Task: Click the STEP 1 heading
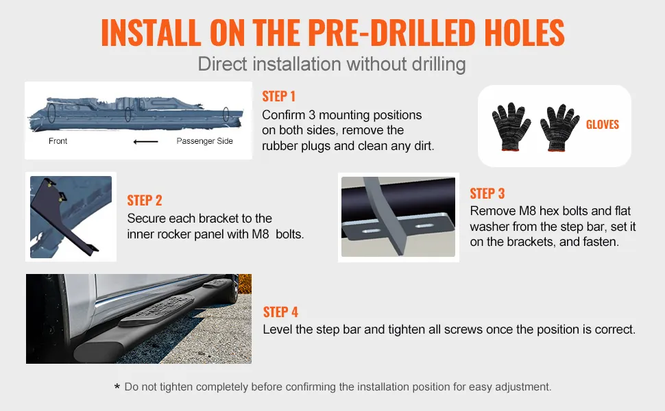[x=278, y=97]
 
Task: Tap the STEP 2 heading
[x=145, y=201]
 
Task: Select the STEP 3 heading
[x=487, y=194]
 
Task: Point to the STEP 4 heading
[x=280, y=312]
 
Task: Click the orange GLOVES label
[x=602, y=125]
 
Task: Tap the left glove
[x=510, y=127]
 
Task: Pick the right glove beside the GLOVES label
[x=559, y=127]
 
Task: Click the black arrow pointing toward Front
[x=146, y=142]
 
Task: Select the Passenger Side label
[x=204, y=141]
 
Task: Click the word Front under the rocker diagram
[x=58, y=141]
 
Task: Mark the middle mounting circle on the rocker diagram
[x=128, y=114]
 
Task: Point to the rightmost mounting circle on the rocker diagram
[x=226, y=114]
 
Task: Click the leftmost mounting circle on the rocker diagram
[x=51, y=112]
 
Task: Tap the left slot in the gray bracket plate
[x=371, y=231]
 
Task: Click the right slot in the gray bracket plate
[x=424, y=226]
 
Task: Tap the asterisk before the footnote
[x=117, y=386]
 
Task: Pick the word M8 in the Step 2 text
[x=261, y=234]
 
